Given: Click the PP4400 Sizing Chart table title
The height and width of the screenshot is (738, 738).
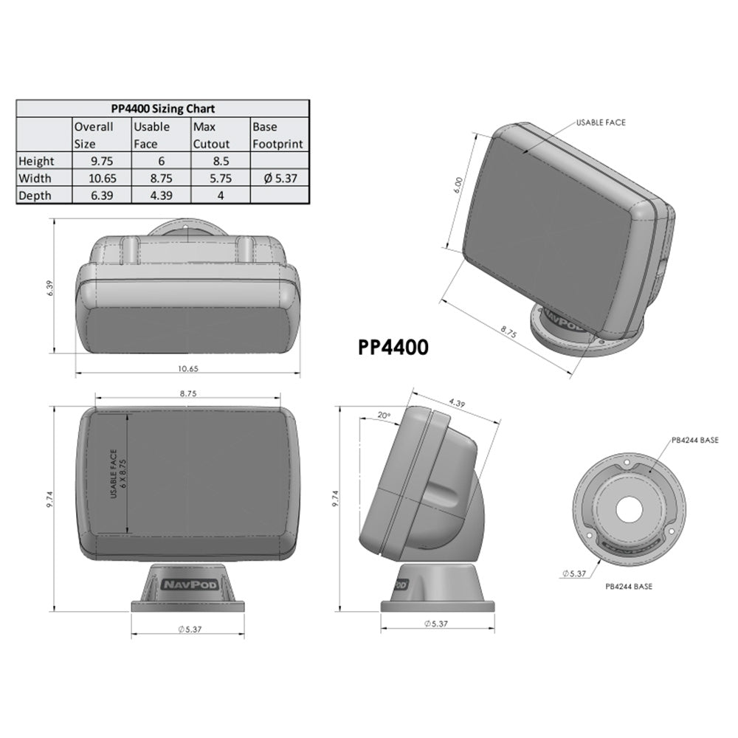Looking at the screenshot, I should coord(161,108).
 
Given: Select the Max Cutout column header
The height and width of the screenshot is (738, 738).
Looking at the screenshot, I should coord(212,135).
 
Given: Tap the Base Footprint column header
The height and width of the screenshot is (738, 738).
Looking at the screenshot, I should coord(277,135).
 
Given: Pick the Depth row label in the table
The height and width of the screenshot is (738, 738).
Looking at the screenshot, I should coord(36,196).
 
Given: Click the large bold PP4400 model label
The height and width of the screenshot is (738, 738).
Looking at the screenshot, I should coord(393,348).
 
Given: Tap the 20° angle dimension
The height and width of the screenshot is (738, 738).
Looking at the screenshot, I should coord(383,415).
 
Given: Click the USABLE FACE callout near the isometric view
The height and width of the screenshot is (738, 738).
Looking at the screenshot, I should coord(600,123).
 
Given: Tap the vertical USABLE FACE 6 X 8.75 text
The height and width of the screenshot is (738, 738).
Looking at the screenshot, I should coord(118,474).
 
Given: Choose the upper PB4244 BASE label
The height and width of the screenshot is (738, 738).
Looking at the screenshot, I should coord(694,441).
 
